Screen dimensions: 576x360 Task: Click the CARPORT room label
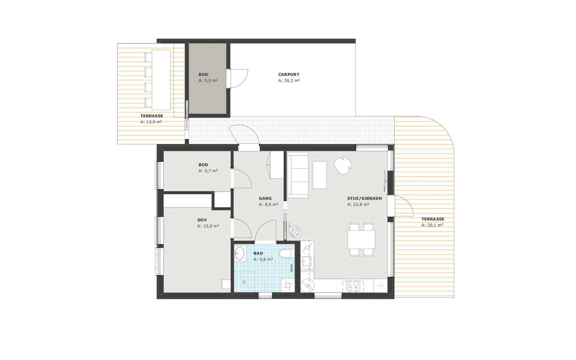click(288, 75)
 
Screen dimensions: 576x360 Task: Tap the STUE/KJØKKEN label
click(364, 198)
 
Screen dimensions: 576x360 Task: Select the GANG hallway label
click(265, 198)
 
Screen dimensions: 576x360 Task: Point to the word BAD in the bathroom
click(258, 253)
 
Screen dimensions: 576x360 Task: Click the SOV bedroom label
click(202, 220)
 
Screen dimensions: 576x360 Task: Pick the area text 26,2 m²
click(292, 81)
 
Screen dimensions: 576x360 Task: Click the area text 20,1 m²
click(435, 225)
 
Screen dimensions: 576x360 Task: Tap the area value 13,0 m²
click(154, 122)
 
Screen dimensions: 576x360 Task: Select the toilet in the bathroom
click(286, 253)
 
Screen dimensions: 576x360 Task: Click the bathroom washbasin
click(240, 253)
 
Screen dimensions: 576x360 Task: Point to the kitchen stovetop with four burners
click(353, 286)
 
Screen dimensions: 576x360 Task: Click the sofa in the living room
click(298, 175)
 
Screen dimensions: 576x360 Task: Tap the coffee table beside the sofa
click(320, 175)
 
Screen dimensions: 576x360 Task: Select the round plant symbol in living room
click(343, 166)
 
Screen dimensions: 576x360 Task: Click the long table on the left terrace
click(161, 80)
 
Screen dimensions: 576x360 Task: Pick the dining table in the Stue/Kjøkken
click(361, 240)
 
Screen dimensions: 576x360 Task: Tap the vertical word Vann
click(291, 268)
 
